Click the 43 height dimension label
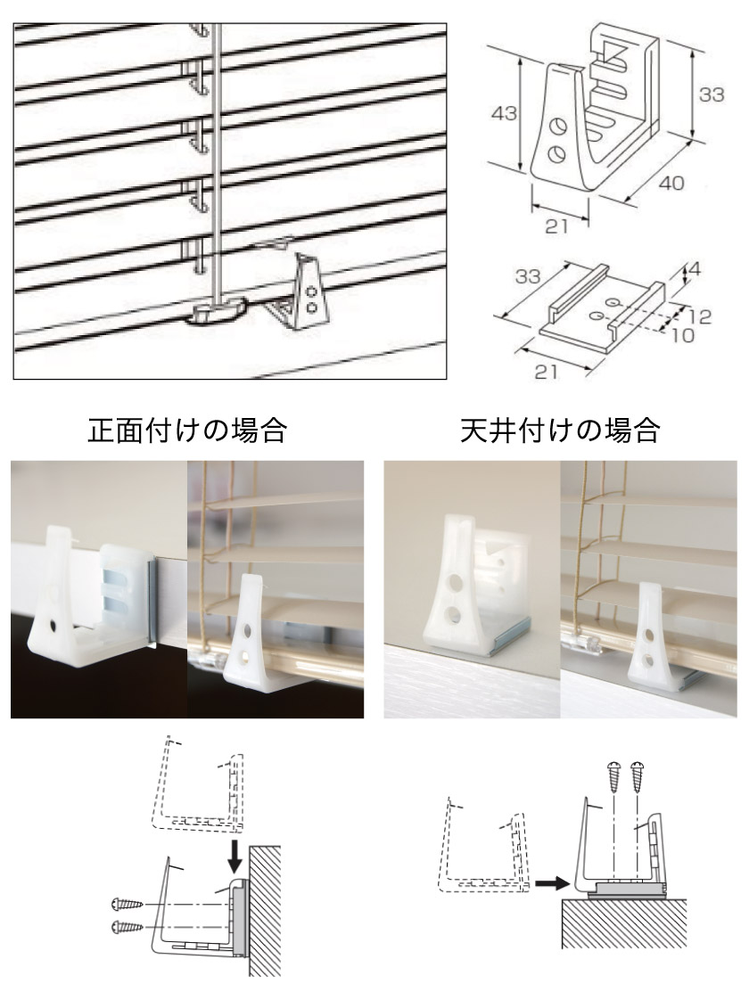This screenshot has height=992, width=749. (x=504, y=114)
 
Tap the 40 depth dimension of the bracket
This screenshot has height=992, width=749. (x=671, y=183)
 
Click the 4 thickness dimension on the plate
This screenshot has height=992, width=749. (x=695, y=269)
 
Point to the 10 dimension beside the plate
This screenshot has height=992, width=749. (x=682, y=334)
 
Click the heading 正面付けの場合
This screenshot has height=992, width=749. (x=187, y=430)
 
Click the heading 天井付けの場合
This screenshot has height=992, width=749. (x=560, y=430)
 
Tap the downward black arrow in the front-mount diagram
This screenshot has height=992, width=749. (x=235, y=857)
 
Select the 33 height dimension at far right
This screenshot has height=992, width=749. (x=712, y=94)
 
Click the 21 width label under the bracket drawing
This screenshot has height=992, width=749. (x=556, y=225)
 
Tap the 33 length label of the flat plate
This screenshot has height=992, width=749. (x=527, y=276)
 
